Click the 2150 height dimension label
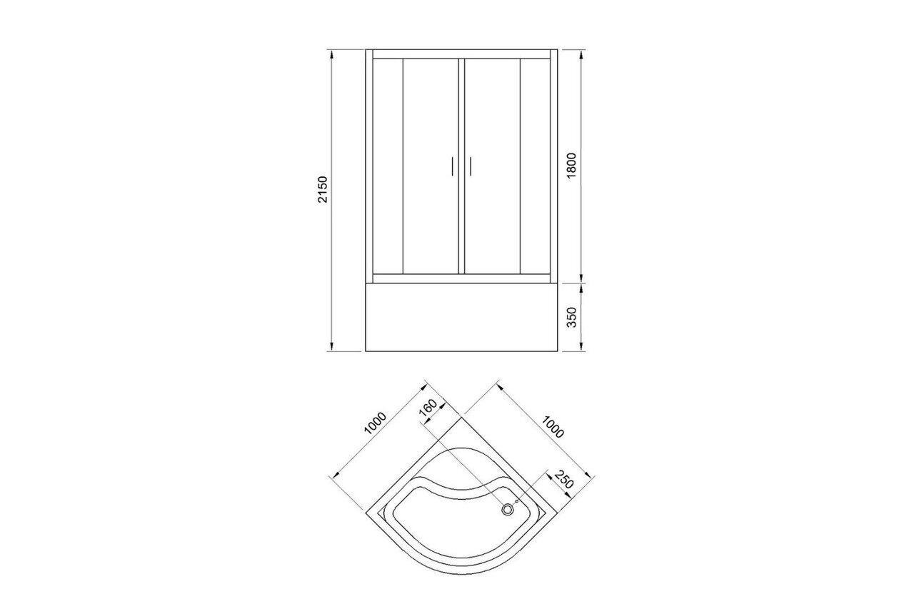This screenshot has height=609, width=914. [323, 189]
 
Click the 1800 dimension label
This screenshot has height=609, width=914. [571, 165]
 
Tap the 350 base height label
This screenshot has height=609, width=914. [572, 317]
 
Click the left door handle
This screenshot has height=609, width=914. [453, 166]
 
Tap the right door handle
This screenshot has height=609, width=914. [471, 166]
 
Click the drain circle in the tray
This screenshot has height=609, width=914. [507, 510]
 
